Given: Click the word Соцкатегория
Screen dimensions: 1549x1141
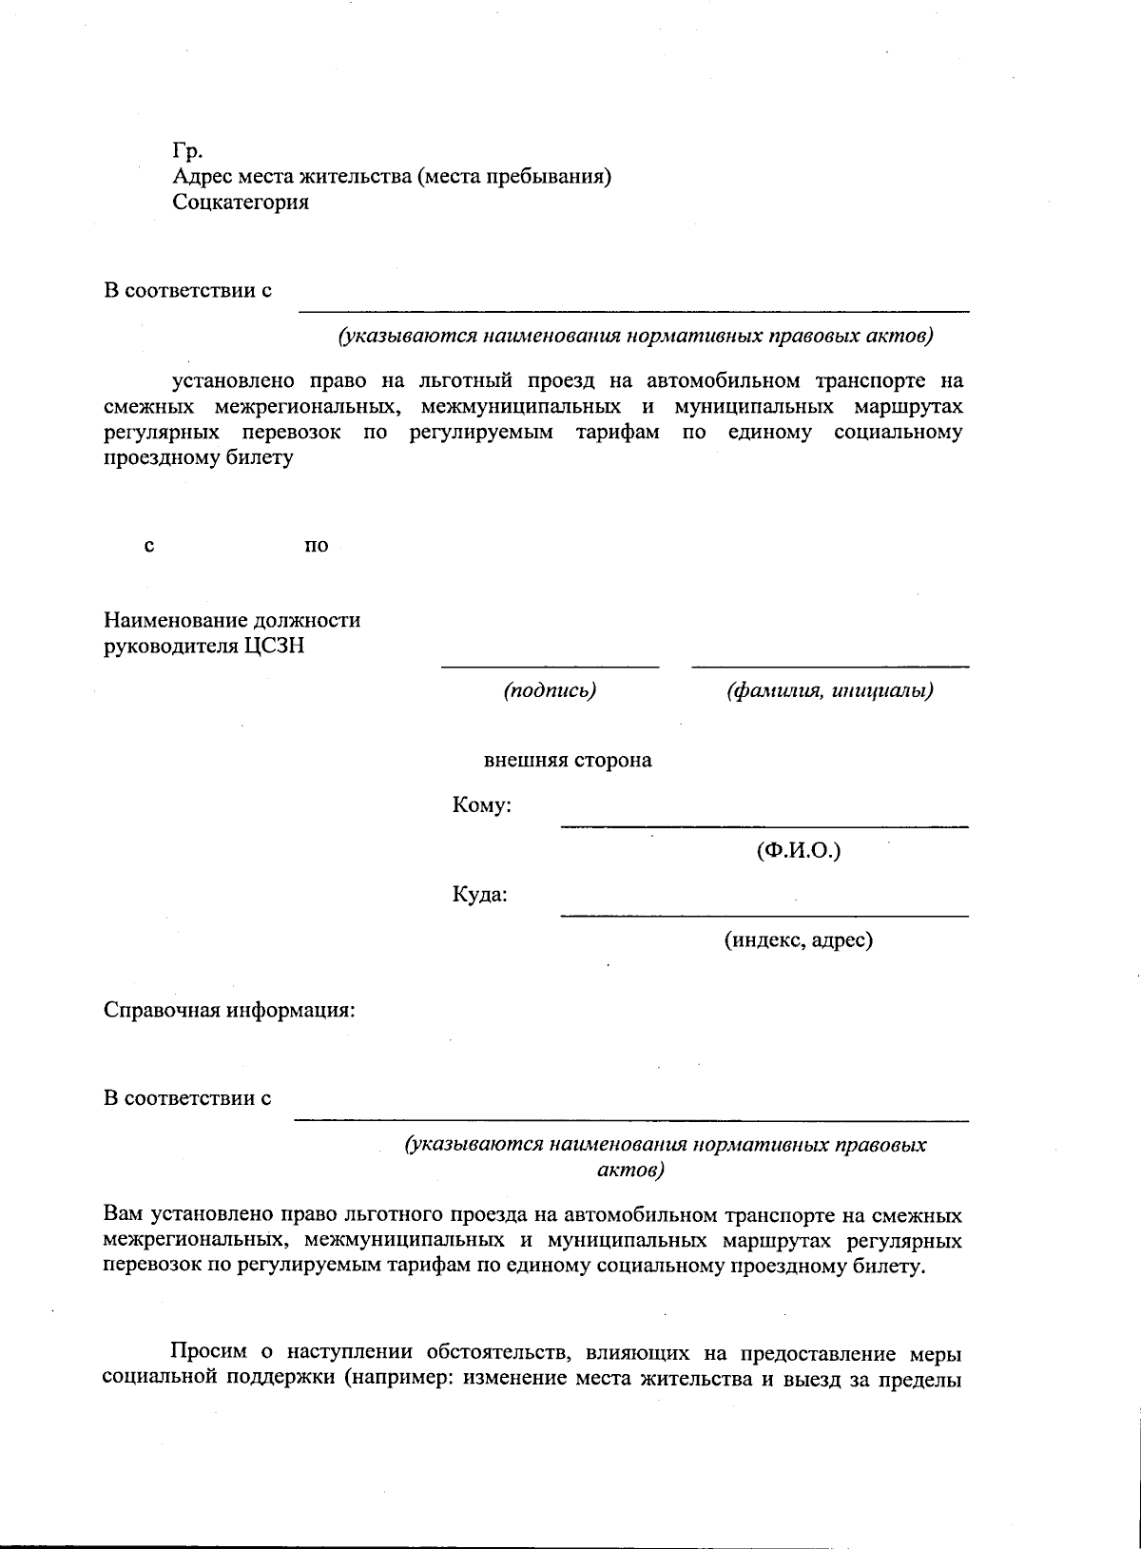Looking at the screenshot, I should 241,202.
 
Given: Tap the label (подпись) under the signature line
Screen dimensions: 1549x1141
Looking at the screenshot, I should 550,691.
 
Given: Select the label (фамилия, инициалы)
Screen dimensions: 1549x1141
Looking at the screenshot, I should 829,691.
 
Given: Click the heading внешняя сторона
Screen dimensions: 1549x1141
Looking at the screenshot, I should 568,761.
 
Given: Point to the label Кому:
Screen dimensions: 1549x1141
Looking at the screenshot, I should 482,806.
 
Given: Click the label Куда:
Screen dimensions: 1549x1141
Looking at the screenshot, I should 479,895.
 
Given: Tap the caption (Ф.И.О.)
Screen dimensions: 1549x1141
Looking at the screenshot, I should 799,851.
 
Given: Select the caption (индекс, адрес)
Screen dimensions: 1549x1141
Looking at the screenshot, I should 798,940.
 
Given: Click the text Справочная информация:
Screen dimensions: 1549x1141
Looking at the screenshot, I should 229,1010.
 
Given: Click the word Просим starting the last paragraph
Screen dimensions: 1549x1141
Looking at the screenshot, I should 209,1351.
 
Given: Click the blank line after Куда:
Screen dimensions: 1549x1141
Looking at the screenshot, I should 764,916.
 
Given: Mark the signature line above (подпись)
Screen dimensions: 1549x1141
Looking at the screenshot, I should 550,667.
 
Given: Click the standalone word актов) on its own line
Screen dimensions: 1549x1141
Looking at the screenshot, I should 629,1169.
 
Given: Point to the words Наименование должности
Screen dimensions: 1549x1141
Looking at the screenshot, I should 232,621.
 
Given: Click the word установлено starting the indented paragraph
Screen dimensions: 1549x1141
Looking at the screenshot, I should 233,381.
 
